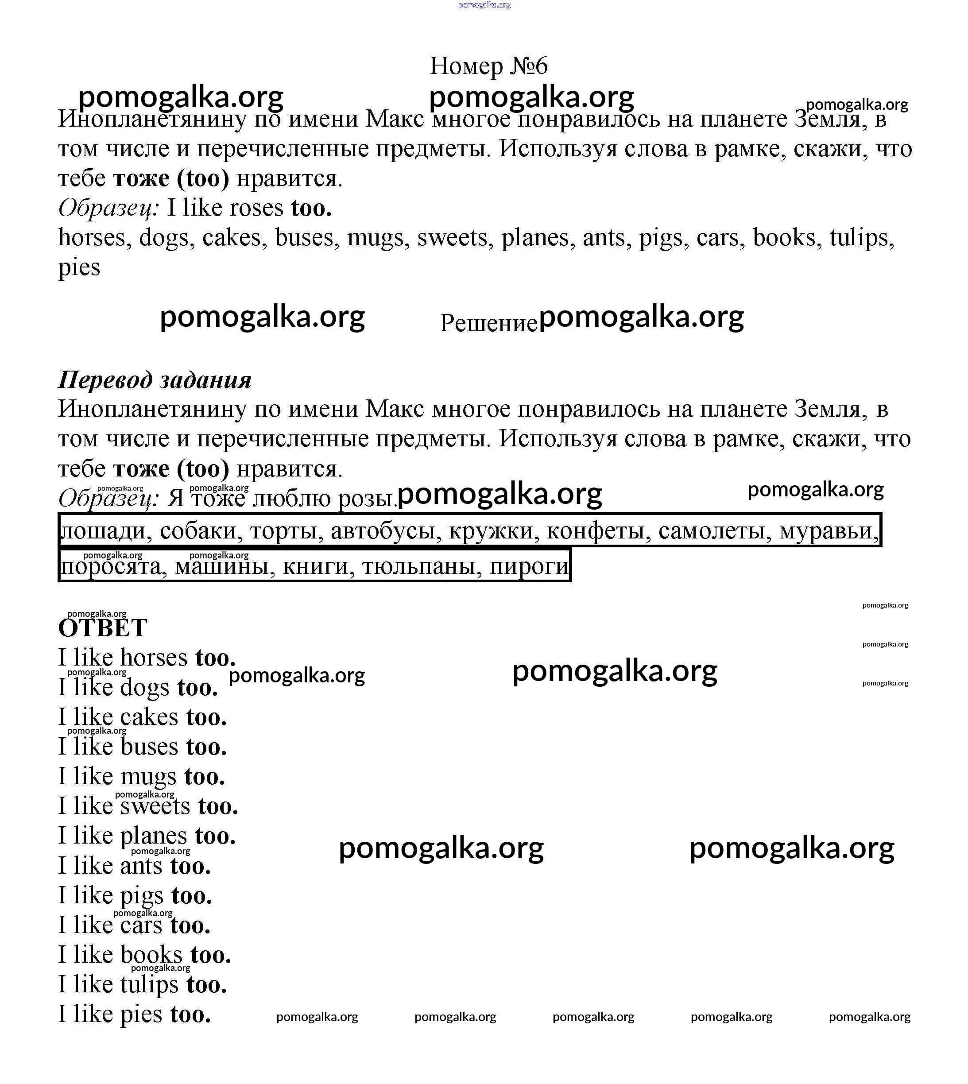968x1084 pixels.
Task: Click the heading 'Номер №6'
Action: pos(488,66)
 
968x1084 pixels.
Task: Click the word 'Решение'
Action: pos(488,323)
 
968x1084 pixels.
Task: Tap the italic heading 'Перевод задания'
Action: pos(154,380)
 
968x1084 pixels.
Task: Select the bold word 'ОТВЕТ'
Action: pos(103,628)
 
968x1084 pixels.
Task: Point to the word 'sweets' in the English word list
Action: pos(452,238)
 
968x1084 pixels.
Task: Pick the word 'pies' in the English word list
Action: pos(79,267)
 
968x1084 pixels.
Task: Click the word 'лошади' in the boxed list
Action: pos(103,531)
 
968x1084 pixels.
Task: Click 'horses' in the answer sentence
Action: pos(154,658)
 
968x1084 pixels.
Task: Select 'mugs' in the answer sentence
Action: pos(148,777)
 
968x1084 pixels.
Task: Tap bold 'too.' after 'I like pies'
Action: pos(190,1014)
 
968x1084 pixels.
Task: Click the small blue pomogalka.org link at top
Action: pos(484,5)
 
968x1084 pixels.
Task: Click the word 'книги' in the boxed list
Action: pos(318,566)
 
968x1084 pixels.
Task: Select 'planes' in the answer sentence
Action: pos(153,836)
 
